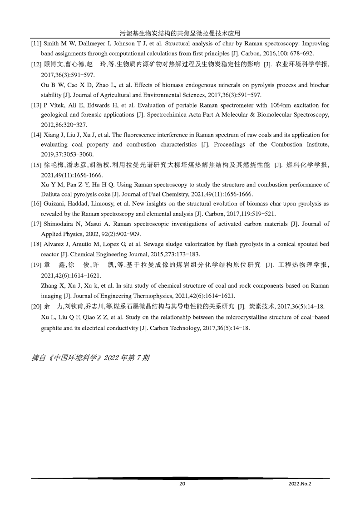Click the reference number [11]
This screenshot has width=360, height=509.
[36, 44]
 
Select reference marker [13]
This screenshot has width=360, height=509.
[36, 106]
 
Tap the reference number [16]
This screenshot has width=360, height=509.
[36, 204]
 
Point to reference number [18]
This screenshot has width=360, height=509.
[36, 244]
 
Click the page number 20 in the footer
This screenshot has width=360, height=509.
[182, 484]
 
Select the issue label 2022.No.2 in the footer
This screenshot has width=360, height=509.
[300, 484]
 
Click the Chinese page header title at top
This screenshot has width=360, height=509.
[180, 33]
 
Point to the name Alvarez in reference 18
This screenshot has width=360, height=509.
[55, 244]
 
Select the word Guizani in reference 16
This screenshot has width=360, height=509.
[54, 204]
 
